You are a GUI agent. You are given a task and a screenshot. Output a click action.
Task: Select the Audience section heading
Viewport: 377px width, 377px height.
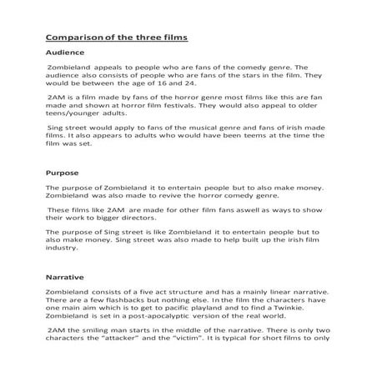[x=65, y=53]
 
